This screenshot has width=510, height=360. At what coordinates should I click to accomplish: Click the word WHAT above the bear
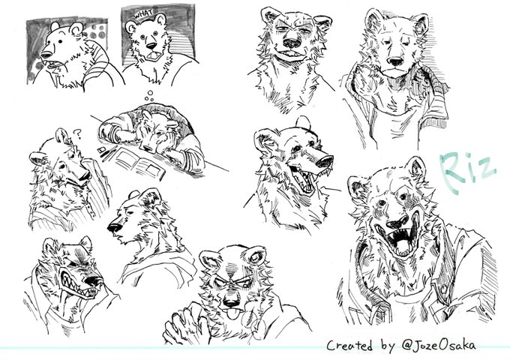pos(143,14)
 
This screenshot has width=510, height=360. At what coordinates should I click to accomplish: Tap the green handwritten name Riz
pos(468,172)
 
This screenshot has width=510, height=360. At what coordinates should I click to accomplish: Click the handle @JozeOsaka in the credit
pos(438,345)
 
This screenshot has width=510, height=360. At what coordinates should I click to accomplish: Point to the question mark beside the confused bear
pos(77,133)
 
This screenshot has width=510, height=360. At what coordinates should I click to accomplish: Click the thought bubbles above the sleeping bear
pos(149,95)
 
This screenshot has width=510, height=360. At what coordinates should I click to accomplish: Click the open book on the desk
pos(136,163)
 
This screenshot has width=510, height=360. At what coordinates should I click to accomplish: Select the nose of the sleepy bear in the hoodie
pos(395,61)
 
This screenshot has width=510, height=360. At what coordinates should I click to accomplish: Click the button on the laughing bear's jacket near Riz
pos(444,289)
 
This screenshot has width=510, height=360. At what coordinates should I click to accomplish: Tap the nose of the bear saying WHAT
pos(150,46)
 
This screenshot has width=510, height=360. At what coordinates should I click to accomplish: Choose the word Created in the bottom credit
pos(349,345)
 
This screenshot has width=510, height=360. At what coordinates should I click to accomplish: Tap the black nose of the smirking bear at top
pos(292,43)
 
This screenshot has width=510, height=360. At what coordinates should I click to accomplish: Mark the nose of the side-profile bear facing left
pos(114,227)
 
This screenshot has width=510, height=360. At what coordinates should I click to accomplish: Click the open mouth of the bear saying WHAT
pos(152,56)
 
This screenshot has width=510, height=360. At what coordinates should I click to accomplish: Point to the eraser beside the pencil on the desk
pos(101,150)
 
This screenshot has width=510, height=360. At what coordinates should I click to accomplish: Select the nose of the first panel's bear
pos(45,54)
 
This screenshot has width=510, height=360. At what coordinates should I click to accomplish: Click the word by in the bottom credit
pos(388,346)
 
